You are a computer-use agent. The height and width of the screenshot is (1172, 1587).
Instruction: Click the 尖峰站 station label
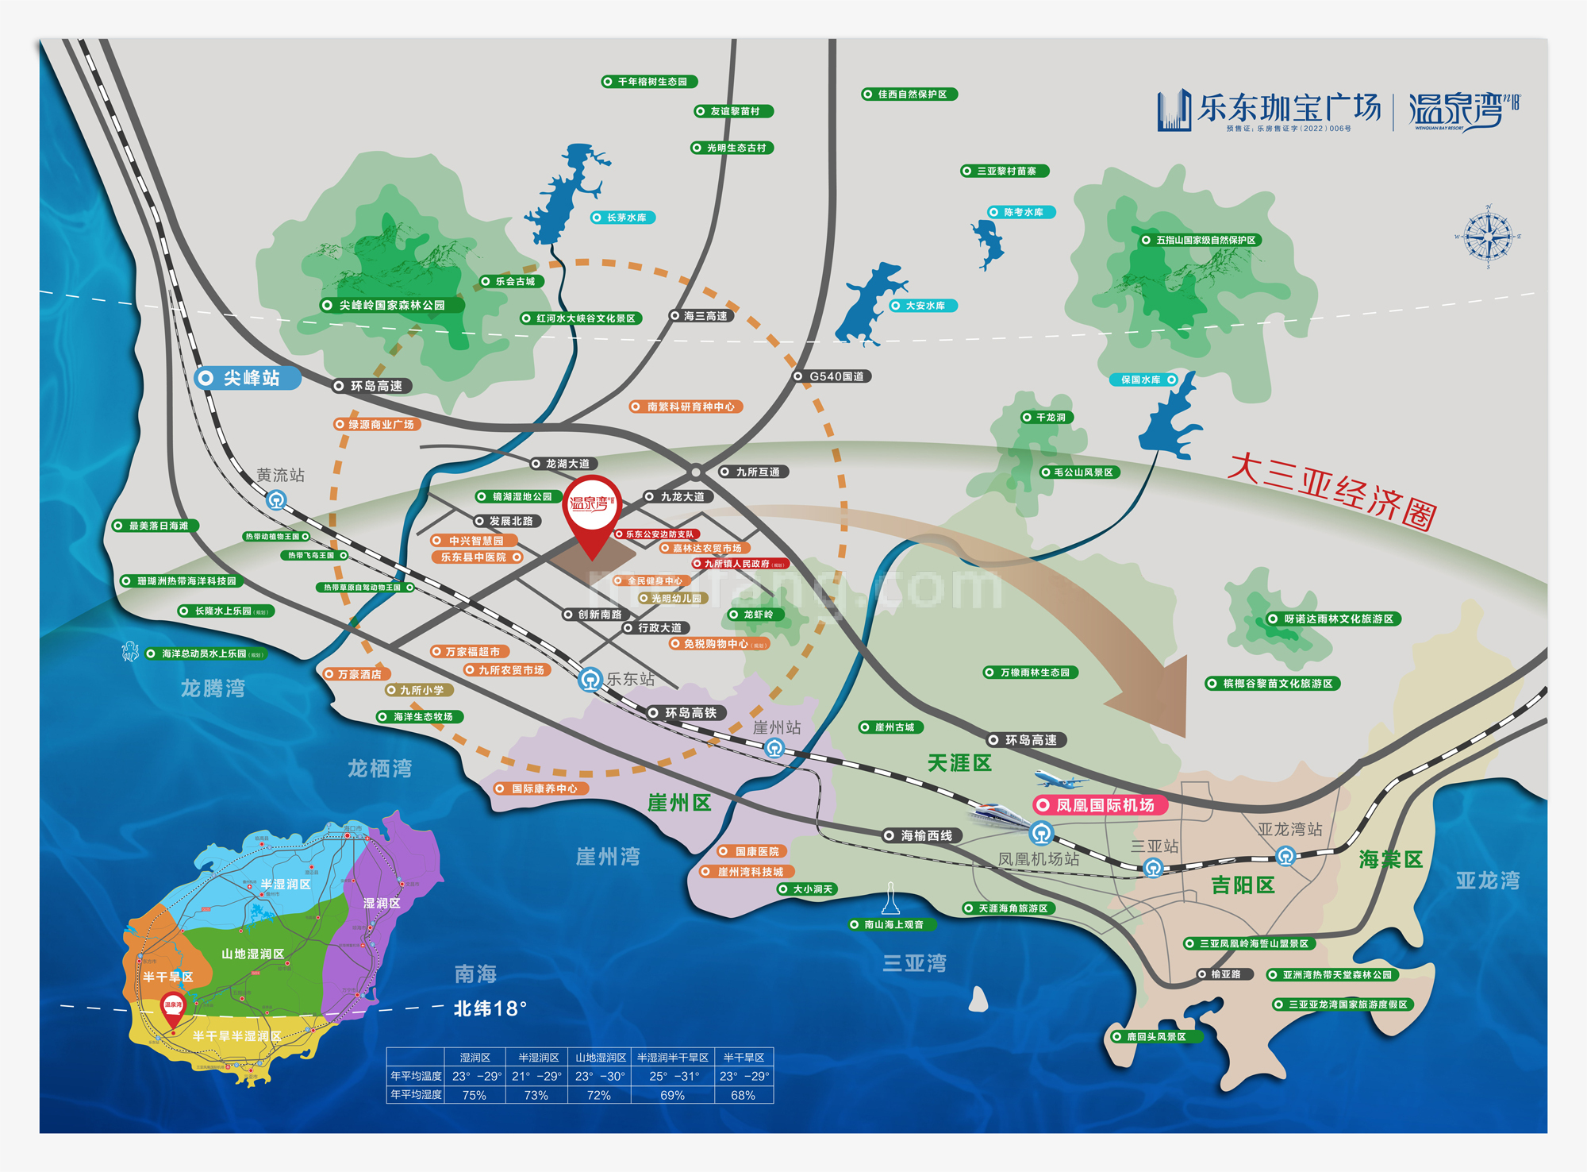click(248, 378)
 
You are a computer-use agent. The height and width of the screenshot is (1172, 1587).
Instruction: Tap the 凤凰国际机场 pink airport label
click(1101, 805)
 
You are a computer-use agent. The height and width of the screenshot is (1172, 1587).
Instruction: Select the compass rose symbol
click(1488, 237)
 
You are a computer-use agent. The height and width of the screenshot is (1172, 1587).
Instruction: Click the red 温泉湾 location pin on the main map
click(592, 513)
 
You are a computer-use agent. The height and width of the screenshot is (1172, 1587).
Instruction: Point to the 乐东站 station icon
click(590, 680)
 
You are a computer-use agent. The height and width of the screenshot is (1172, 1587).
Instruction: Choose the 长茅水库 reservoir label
click(624, 218)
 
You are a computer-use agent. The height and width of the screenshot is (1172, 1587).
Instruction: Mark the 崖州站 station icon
click(774, 748)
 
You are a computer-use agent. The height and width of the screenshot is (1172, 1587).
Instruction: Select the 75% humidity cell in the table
click(475, 1095)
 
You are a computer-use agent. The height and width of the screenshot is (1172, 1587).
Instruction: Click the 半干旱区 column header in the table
click(744, 1058)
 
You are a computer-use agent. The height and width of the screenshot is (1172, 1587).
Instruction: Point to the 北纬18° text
click(490, 1009)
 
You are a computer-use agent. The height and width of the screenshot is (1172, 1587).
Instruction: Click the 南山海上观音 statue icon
click(891, 899)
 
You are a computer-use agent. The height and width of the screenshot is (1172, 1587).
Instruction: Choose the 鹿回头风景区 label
click(1155, 1037)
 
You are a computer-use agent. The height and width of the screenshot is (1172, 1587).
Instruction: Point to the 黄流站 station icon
click(276, 500)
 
